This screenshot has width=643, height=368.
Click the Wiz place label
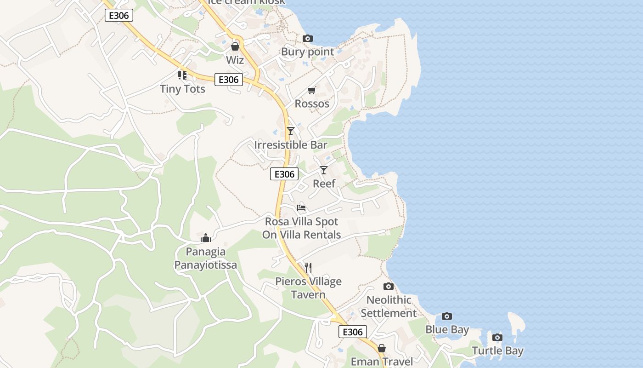(x=235, y=60)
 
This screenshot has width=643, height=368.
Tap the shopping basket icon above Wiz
(x=235, y=46)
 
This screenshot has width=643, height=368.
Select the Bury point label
(x=307, y=52)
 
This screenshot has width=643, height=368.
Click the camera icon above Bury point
(x=308, y=39)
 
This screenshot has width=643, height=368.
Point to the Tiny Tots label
(x=182, y=89)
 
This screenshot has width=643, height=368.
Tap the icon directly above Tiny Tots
(x=182, y=75)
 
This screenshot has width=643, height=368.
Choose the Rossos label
(x=312, y=103)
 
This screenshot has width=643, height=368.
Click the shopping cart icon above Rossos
(x=312, y=90)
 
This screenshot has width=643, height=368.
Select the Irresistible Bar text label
(x=291, y=145)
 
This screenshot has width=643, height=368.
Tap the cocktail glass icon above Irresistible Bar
(x=290, y=131)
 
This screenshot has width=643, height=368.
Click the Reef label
(x=324, y=184)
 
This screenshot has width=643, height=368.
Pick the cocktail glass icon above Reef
(x=324, y=170)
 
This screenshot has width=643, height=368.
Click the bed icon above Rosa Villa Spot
(x=301, y=208)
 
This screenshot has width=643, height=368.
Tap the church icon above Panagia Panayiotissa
(x=205, y=238)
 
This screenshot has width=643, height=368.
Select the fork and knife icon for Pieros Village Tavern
(x=308, y=267)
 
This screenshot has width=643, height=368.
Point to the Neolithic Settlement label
(x=389, y=306)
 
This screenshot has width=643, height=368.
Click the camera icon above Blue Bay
(x=447, y=316)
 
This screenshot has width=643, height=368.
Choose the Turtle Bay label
(x=497, y=351)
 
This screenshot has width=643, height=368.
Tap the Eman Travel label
(x=382, y=362)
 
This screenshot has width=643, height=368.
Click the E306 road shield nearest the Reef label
(x=284, y=174)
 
